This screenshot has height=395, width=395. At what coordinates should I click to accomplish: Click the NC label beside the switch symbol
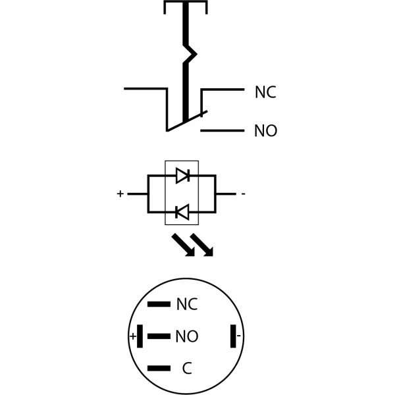tap(265, 93)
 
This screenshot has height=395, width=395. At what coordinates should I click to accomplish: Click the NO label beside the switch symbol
tap(265, 131)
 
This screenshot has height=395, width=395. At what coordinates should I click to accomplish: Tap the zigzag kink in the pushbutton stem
tap(189, 53)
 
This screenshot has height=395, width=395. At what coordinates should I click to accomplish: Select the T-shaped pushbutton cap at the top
tap(185, 6)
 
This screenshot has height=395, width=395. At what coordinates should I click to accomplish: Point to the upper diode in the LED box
tap(183, 175)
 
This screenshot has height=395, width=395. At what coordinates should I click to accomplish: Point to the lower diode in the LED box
tap(182, 212)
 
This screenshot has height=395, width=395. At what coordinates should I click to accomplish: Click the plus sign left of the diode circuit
tap(120, 194)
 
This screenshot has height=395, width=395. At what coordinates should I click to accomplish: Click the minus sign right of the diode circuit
tap(243, 194)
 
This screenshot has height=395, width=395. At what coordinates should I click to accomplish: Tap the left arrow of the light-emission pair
tap(182, 244)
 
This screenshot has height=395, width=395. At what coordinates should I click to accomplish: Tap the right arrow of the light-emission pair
tap(202, 244)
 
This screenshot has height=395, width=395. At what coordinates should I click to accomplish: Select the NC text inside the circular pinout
tap(187, 304)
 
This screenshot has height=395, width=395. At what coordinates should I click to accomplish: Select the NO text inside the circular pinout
tap(187, 337)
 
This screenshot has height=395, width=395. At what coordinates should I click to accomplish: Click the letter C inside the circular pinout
tap(187, 369)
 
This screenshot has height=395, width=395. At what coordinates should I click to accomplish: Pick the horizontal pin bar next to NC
tap(159, 304)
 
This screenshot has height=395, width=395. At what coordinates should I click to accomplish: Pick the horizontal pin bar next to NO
tap(159, 336)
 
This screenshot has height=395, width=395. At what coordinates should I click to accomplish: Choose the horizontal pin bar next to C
tap(159, 368)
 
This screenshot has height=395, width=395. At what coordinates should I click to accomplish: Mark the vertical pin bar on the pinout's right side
tap(232, 336)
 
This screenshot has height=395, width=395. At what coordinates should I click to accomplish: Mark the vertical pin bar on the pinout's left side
tap(140, 336)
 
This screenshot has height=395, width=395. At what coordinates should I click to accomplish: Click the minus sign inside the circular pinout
tap(238, 336)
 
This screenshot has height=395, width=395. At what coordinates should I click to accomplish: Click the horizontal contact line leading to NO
tap(222, 130)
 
